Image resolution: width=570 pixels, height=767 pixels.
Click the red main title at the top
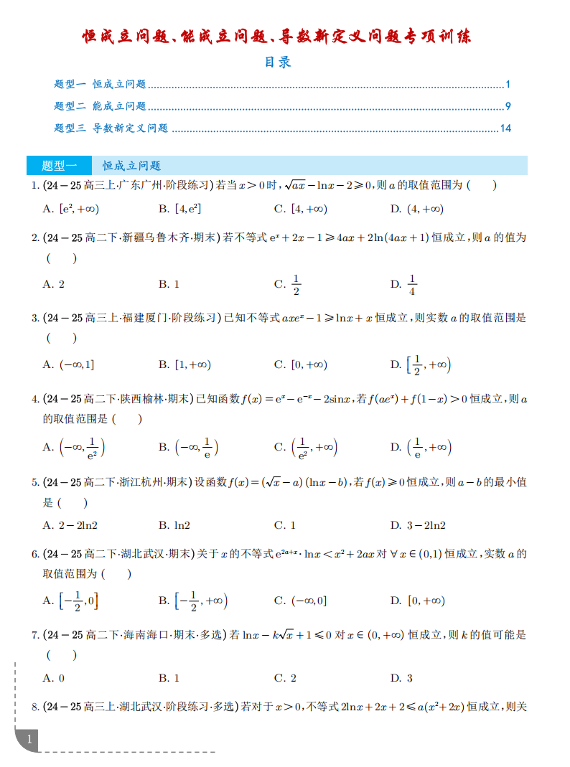277,37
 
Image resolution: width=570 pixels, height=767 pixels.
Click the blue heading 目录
277,62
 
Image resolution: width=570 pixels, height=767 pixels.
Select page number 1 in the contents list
508,84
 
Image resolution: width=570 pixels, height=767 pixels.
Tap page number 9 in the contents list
508,106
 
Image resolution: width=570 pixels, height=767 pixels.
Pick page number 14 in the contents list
505,128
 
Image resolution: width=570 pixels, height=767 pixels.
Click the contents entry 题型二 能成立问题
100,106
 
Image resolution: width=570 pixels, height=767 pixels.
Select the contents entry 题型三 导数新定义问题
111,128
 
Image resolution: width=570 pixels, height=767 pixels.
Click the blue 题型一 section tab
59,166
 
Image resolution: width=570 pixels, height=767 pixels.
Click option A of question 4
74,447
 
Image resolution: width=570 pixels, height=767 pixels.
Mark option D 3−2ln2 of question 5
417,525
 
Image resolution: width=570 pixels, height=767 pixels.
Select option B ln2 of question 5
174,525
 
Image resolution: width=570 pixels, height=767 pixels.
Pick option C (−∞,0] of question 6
300,601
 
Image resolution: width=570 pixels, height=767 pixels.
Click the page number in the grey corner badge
29,738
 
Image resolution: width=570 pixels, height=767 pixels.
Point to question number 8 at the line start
35,707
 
